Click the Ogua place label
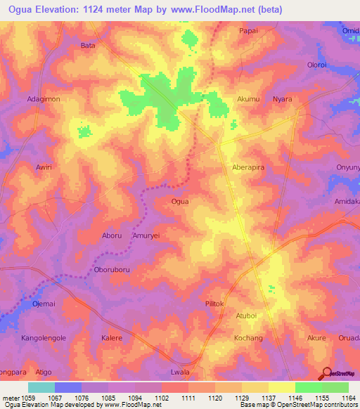180,201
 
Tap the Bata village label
88,46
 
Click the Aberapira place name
251,168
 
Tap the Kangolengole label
43,338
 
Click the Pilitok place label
214,304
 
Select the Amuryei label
148,237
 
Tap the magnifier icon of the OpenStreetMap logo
326,374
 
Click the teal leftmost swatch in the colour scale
41,387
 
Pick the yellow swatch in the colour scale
281,387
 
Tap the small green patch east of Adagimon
84,131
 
